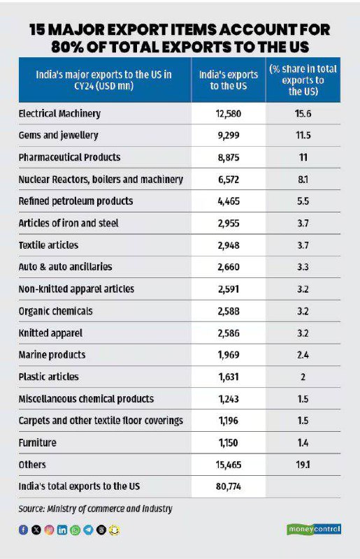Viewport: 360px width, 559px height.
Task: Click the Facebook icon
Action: tap(23, 530)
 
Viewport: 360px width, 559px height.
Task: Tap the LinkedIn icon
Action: tap(62, 530)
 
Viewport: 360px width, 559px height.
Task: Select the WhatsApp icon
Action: tap(75, 530)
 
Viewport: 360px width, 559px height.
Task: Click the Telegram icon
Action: tap(88, 530)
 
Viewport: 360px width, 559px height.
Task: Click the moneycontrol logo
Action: tap(314, 529)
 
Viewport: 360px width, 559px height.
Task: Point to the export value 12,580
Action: tap(229, 114)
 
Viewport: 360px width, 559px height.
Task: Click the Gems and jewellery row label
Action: tap(58, 136)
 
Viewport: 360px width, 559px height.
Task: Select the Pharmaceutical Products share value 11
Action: tap(303, 157)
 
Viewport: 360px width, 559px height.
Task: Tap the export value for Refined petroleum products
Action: tap(229, 201)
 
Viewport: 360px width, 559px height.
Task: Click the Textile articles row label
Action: tap(48, 245)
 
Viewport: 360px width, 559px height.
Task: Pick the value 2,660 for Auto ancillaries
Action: tap(229, 267)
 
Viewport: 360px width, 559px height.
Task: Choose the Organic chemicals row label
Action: tap(55, 311)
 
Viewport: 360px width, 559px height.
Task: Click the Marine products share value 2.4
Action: tap(303, 355)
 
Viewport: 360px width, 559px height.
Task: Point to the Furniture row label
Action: tap(38, 443)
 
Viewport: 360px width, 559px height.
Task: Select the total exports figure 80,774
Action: tap(229, 486)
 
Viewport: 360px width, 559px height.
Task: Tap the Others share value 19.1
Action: tap(303, 465)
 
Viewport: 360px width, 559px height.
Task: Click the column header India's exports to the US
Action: tap(229, 80)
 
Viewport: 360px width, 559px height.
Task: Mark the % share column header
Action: tap(303, 80)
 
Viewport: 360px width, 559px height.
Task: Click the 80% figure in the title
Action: tap(67, 47)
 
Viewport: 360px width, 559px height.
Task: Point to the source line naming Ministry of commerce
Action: tap(95, 509)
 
